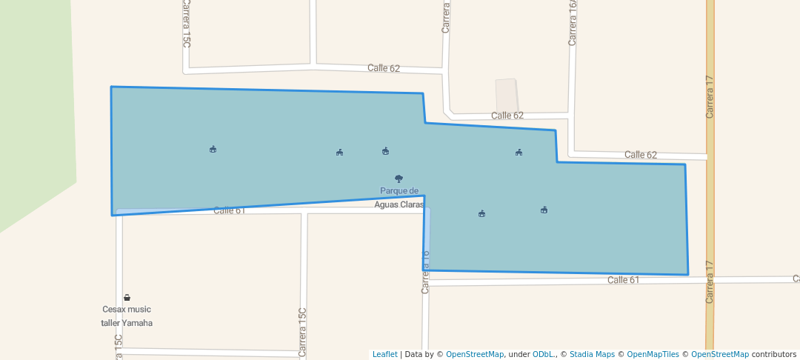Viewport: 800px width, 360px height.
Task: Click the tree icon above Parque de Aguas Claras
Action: point(399,179)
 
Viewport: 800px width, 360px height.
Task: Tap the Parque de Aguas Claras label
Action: point(399,197)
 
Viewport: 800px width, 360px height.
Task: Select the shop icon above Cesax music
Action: point(127,298)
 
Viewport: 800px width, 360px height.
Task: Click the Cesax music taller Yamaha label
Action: point(127,316)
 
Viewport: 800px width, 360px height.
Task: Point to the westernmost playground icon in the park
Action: point(213,149)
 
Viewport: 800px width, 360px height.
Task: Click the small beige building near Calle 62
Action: point(507,95)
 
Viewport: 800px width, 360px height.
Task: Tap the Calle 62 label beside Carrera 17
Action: point(641,155)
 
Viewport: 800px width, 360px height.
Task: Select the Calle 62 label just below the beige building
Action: point(507,116)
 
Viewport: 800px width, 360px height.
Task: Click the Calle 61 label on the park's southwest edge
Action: point(229,210)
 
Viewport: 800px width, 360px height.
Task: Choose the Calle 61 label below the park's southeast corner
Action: point(623,280)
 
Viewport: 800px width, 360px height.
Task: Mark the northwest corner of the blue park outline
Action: point(112,87)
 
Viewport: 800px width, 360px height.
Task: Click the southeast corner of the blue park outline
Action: point(687,274)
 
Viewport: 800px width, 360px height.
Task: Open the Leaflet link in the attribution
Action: point(384,354)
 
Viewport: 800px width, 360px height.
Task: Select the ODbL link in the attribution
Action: point(544,354)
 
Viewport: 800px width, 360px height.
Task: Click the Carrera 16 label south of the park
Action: point(425,272)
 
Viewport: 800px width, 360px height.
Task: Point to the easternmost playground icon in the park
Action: point(544,210)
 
